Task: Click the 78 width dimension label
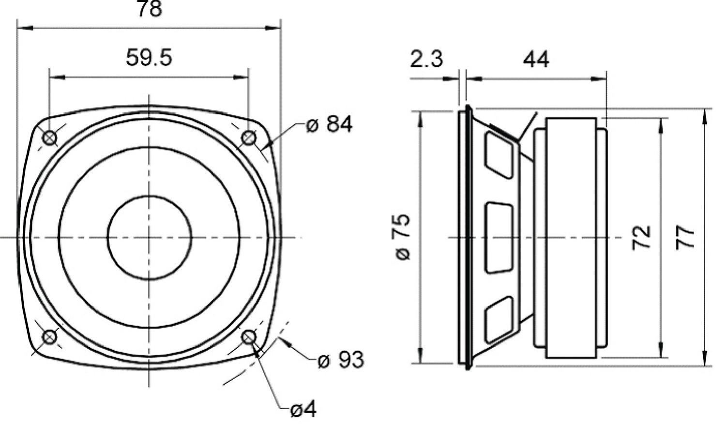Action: point(149,9)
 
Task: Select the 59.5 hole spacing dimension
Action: point(149,58)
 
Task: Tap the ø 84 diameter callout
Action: point(330,124)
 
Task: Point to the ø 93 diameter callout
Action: point(341,360)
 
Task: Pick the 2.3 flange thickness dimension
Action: point(426,59)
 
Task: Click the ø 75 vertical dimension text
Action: point(403,237)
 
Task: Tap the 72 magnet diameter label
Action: point(641,237)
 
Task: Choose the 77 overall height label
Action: point(685,237)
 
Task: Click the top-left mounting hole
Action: point(50,138)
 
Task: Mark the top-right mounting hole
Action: point(248,138)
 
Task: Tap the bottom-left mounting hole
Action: point(50,337)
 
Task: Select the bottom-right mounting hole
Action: point(248,337)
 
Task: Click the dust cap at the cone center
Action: point(149,237)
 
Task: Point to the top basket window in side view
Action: point(499,153)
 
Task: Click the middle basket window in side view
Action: point(499,238)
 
